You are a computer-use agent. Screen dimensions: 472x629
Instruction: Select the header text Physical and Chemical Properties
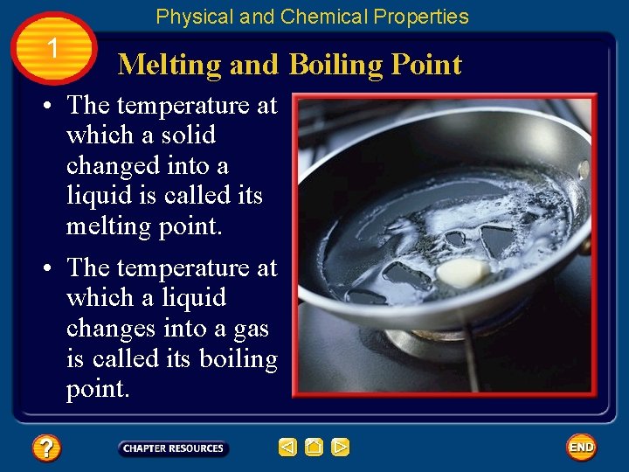(312, 17)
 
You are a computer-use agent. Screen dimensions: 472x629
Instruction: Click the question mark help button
(45, 448)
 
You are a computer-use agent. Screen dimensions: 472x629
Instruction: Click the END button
(581, 448)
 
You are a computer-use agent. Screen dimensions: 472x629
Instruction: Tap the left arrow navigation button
(288, 448)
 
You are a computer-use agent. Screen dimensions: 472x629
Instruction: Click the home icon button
(314, 448)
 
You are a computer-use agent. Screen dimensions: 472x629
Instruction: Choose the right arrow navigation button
(341, 448)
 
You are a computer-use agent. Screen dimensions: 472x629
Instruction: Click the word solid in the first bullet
(188, 135)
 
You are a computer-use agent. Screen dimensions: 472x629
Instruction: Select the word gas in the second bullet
(252, 329)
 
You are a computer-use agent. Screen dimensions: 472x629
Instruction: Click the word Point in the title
(426, 65)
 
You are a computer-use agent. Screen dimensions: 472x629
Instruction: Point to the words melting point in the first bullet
(144, 226)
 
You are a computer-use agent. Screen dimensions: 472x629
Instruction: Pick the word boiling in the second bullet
(238, 359)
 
